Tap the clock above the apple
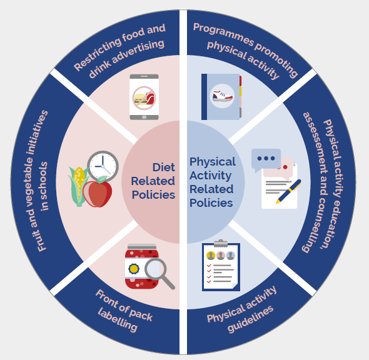[x=103, y=166]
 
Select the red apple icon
[x=97, y=193]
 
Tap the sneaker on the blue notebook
[x=222, y=96]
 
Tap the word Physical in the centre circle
[x=213, y=162]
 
